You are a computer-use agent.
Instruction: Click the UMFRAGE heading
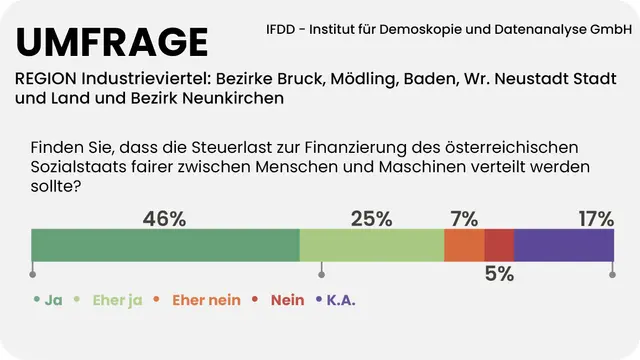112,42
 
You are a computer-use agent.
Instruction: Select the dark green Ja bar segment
165,246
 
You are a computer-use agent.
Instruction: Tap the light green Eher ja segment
371,246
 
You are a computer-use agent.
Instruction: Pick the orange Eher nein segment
464,246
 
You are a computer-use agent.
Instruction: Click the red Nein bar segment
499,246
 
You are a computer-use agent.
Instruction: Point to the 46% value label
165,218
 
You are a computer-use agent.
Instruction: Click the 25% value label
371,218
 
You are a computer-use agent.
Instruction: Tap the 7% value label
464,218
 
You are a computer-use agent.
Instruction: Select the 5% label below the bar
499,274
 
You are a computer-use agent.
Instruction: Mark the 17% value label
596,218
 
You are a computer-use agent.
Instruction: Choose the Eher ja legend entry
117,299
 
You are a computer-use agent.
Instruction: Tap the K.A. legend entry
341,299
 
